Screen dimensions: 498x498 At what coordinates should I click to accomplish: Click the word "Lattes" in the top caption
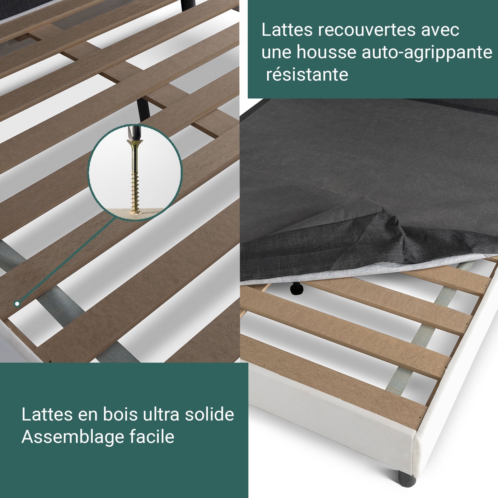click(287, 30)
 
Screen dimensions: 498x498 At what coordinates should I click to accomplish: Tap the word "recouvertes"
click(367, 30)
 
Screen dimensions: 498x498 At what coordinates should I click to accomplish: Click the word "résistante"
click(307, 75)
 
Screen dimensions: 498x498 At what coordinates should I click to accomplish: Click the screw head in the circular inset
click(134, 144)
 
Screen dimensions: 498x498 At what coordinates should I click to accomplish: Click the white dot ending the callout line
click(17, 303)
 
